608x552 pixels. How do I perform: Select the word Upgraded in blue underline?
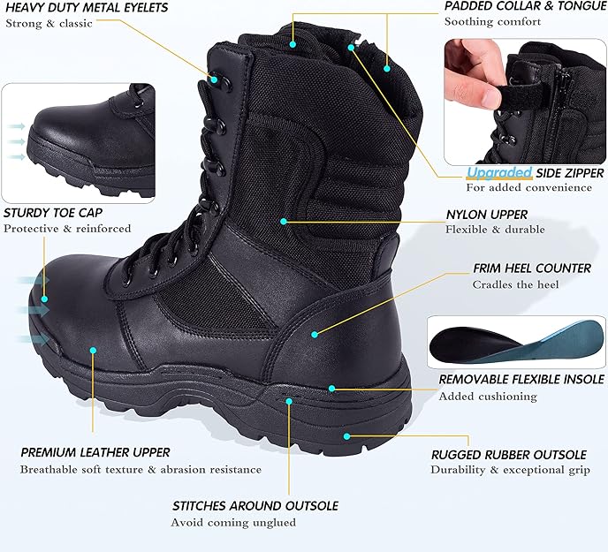[x=499, y=172]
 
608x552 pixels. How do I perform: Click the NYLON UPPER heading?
[x=487, y=215]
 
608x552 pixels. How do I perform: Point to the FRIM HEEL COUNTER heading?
[x=519, y=268]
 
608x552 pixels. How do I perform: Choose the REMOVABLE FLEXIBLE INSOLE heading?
[x=521, y=380]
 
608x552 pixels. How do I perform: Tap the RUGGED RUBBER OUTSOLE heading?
[x=508, y=455]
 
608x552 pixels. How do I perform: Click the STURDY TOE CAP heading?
[x=53, y=213]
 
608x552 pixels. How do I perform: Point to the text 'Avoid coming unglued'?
[x=233, y=523]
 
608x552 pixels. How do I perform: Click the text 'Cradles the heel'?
[x=515, y=285]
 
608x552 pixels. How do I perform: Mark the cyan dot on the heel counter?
[x=315, y=334]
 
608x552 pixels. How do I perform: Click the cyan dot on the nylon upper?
[x=283, y=221]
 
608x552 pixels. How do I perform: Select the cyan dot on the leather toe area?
[x=93, y=351]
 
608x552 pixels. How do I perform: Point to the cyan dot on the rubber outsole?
[x=346, y=435]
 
